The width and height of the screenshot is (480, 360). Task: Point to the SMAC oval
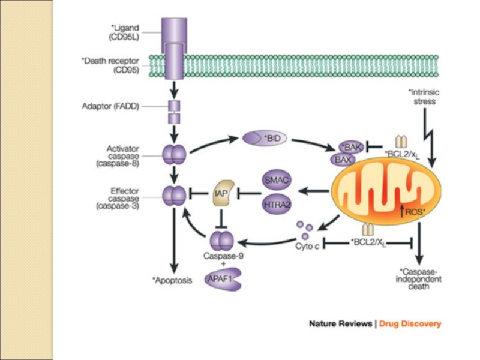(277, 179)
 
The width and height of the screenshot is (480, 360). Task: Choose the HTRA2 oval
(277, 205)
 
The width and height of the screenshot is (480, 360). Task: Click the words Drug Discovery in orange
(410, 324)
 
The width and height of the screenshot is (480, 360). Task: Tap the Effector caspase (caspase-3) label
(126, 199)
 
